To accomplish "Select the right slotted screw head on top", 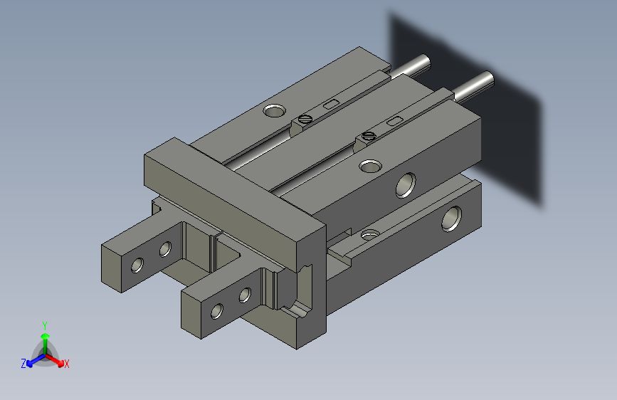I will [x=368, y=135].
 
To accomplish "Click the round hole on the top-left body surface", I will [x=273, y=110].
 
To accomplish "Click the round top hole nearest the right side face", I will [x=369, y=167].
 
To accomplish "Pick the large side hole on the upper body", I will [x=406, y=184].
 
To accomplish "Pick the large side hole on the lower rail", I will [x=452, y=218].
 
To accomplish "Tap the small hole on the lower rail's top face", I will [x=369, y=233].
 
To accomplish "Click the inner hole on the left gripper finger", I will [x=165, y=248].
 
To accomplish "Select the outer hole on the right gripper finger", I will [x=216, y=310].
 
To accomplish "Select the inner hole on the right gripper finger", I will [x=245, y=295].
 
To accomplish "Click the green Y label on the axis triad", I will [x=44, y=324].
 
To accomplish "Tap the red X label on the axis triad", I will [x=67, y=364].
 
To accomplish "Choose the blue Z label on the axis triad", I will [x=23, y=363].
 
